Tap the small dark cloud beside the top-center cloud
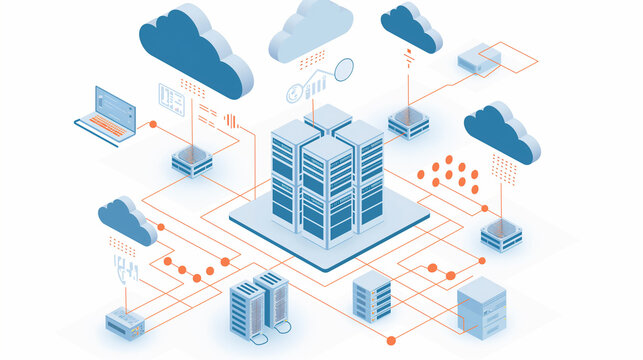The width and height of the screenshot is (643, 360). click(x=410, y=27)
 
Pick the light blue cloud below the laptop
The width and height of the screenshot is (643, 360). click(x=127, y=219)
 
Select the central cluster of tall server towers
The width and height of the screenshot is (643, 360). click(x=327, y=176)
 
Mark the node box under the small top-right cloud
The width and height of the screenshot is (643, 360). click(x=408, y=121)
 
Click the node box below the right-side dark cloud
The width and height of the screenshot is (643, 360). click(x=501, y=234)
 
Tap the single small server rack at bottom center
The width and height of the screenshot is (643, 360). click(x=372, y=296)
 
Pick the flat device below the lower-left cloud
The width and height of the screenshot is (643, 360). click(x=126, y=321)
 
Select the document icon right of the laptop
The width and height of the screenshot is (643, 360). click(x=171, y=98)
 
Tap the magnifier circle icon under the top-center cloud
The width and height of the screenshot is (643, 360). click(x=343, y=69)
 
